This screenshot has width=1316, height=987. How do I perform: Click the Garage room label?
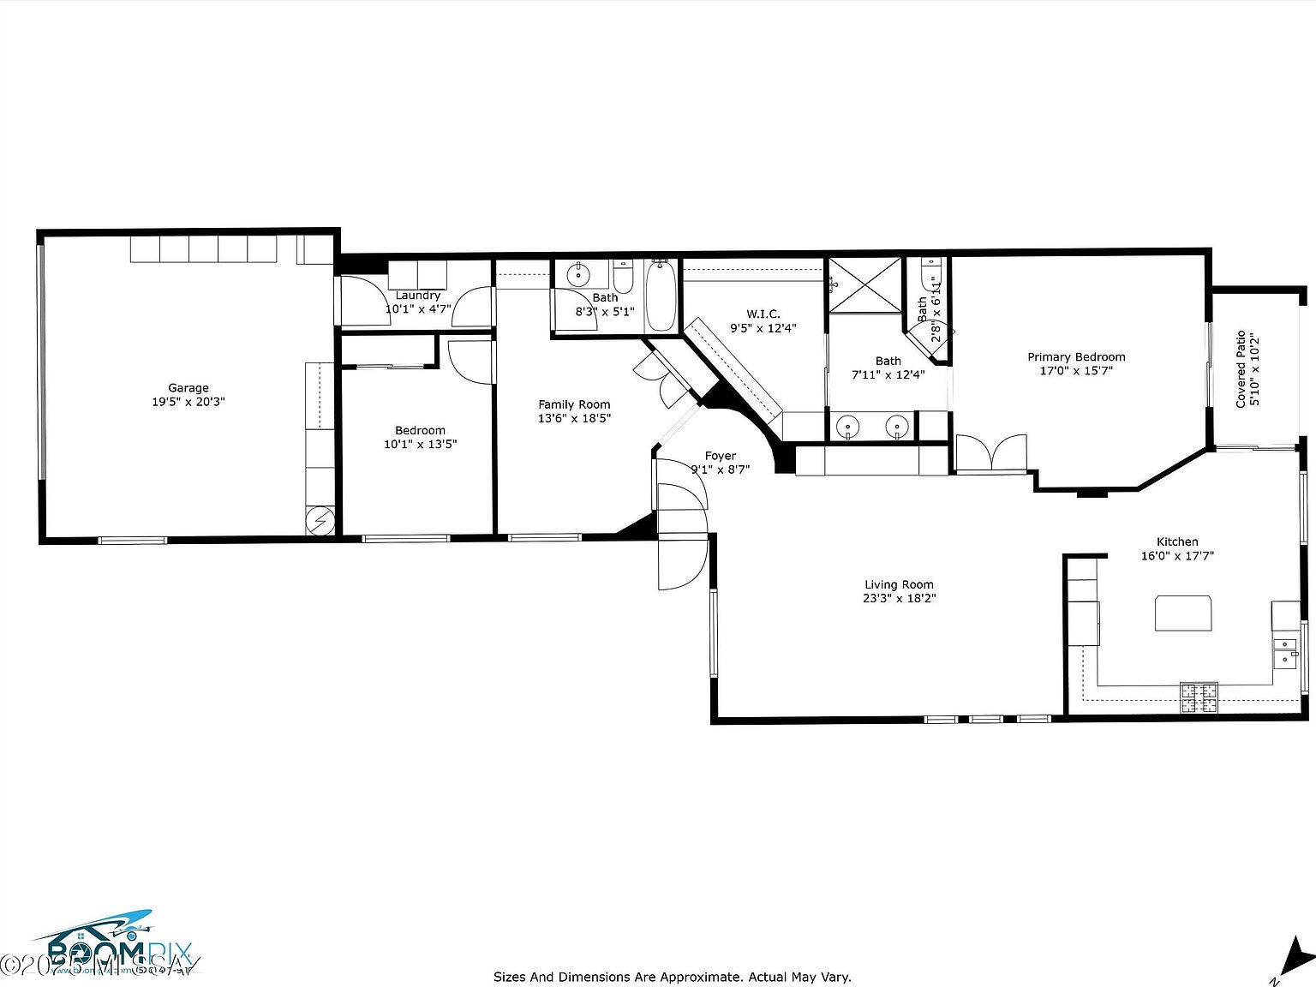coord(188,388)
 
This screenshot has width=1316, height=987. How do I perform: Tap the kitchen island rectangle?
coord(1183,613)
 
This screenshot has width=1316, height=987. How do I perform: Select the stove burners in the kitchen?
coord(1199,697)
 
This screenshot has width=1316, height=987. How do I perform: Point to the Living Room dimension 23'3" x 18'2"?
coord(900,599)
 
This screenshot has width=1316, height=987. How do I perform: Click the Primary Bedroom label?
coord(1076,357)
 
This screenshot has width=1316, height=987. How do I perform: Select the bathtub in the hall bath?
coord(660,297)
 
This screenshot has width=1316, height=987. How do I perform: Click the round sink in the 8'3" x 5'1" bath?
coord(578,276)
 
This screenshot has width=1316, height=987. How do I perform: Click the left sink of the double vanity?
coord(848,425)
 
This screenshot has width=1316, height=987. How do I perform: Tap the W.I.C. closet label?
coord(763,314)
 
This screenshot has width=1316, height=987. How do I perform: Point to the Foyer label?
coord(721,456)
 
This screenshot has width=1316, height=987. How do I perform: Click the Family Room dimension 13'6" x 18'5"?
coord(574,418)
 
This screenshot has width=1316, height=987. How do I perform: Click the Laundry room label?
coord(417,296)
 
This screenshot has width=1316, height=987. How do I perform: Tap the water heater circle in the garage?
coord(320,521)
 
